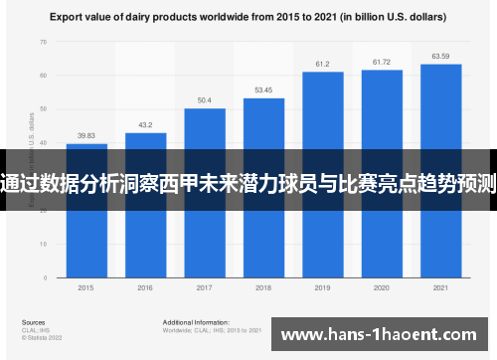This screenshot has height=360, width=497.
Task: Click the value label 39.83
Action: [86, 136]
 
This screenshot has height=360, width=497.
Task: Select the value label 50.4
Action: [204, 100]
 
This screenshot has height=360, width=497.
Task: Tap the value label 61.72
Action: [382, 62]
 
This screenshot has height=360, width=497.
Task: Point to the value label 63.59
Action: [440, 56]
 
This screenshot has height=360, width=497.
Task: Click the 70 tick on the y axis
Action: [43, 42]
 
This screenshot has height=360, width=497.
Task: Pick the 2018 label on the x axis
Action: [263, 288]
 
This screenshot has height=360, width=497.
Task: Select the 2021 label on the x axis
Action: [440, 288]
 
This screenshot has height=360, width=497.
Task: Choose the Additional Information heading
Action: [194, 323]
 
